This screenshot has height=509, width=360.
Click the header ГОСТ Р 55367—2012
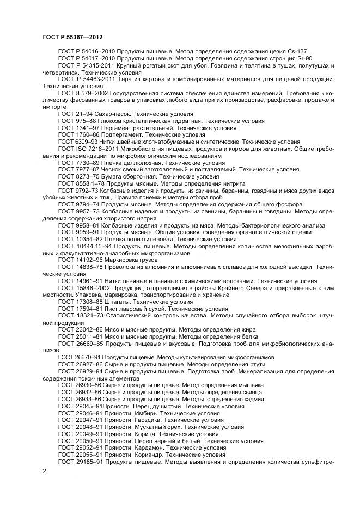73,36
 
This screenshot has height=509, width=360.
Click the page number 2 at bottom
44,470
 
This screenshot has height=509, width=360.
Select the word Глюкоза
112,121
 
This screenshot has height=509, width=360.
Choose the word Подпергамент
126,134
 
